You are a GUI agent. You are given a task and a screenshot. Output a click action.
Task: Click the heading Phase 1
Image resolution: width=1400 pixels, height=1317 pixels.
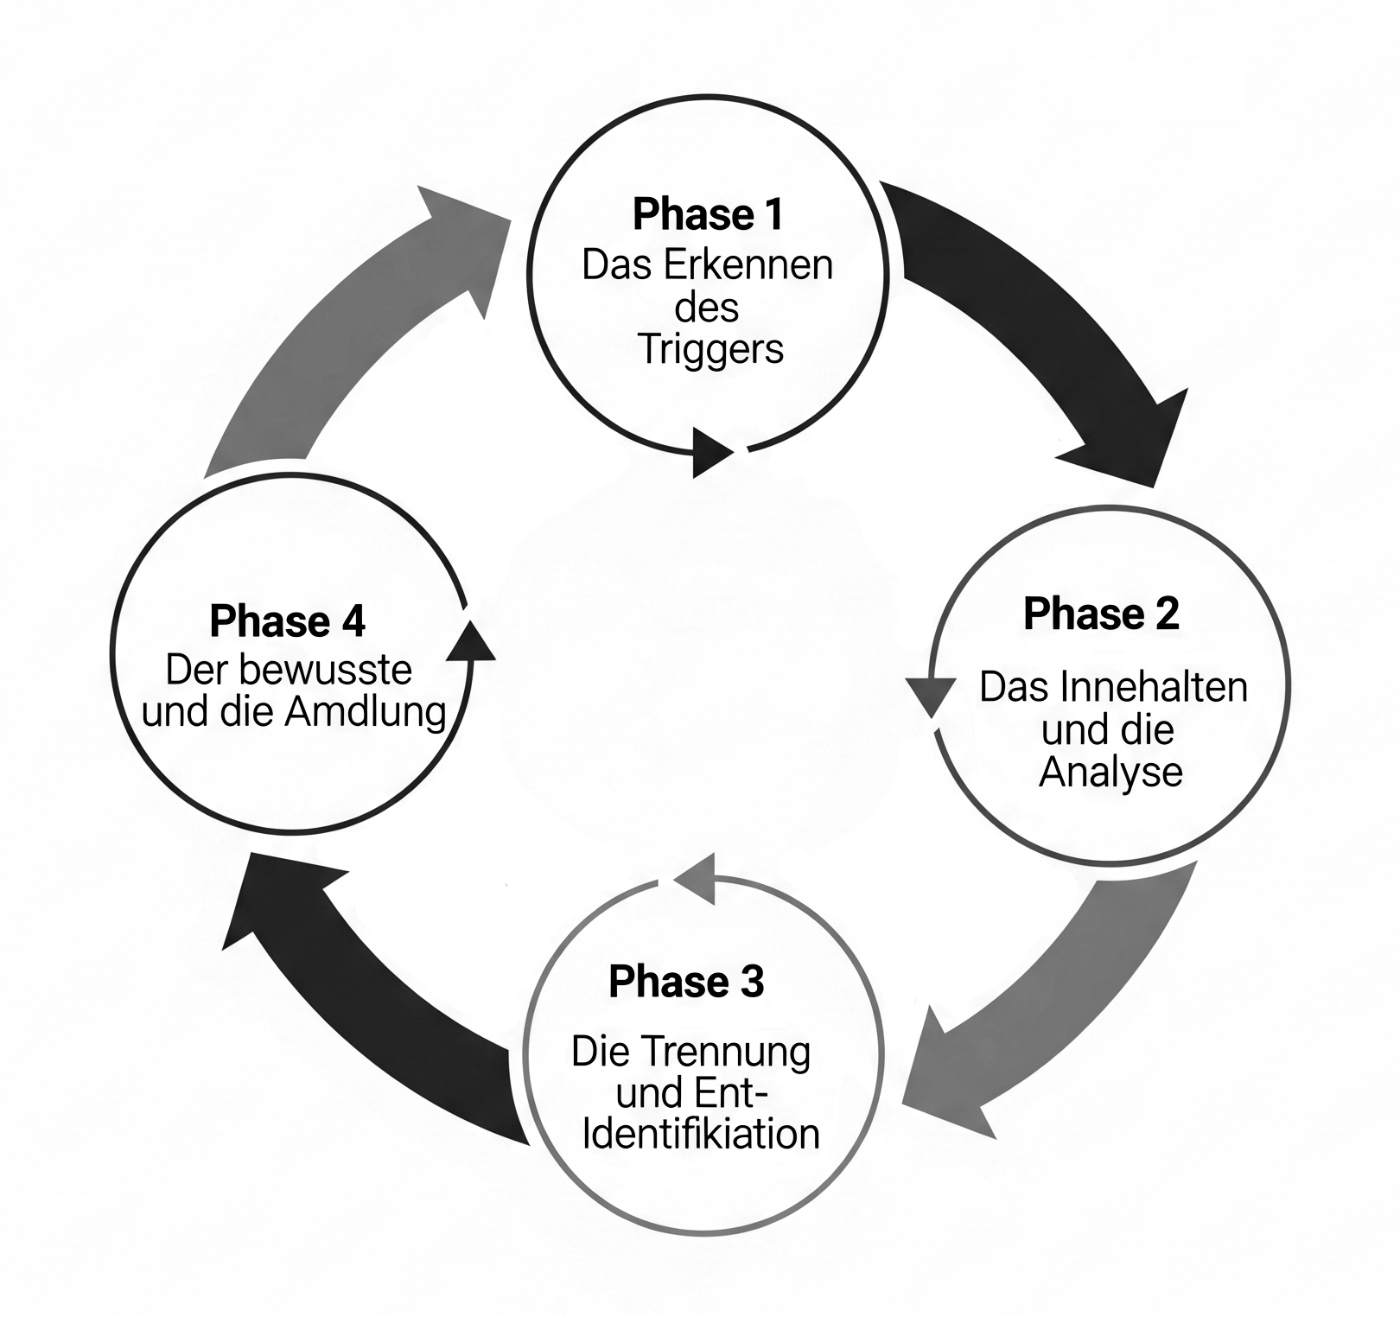click(x=708, y=214)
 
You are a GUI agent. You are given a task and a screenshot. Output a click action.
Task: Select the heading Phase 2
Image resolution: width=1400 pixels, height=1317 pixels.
click(x=1101, y=614)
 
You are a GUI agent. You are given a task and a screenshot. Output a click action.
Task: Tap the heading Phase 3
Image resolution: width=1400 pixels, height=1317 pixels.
click(x=686, y=982)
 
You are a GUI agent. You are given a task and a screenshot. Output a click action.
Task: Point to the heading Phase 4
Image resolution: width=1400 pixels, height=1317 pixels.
click(x=287, y=621)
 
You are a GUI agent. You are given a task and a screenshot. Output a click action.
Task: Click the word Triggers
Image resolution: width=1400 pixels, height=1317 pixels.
click(x=711, y=350)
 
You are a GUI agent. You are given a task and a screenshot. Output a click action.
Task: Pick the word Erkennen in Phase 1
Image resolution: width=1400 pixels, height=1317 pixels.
click(x=748, y=265)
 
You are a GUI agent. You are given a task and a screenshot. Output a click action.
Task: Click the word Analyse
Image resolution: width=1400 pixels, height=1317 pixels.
click(x=1110, y=772)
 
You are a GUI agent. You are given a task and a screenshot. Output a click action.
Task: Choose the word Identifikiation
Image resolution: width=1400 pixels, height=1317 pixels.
click(x=701, y=1134)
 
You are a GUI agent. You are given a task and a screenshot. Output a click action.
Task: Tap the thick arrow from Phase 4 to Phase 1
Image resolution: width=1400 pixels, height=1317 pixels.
click(x=363, y=328)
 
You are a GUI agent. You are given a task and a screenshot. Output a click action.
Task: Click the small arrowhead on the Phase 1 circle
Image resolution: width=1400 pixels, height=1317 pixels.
click(x=711, y=451)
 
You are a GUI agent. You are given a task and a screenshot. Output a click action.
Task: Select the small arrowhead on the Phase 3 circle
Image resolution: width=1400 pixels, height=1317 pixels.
click(x=697, y=878)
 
